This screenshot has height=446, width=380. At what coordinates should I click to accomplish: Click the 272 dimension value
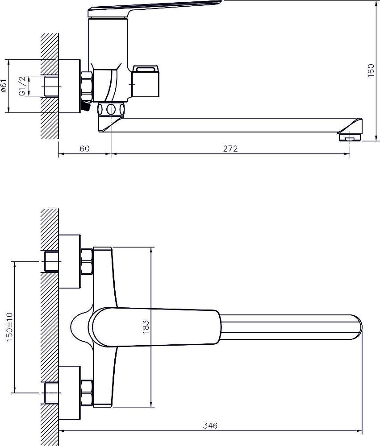click(x=230, y=149)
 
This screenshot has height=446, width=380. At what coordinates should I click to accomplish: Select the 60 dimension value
click(x=84, y=149)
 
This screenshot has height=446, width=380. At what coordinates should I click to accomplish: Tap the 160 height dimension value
click(x=371, y=70)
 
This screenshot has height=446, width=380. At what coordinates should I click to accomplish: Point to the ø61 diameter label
click(x=4, y=85)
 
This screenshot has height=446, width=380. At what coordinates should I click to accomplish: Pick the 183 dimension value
click(x=146, y=327)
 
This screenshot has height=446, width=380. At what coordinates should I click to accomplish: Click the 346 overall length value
click(x=210, y=425)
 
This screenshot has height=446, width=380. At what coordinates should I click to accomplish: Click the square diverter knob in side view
click(x=145, y=81)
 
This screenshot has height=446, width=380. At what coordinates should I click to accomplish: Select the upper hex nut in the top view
click(x=87, y=261)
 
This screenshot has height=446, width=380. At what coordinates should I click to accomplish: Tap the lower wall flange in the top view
click(x=70, y=393)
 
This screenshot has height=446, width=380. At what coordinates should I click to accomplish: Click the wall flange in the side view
click(x=70, y=86)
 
